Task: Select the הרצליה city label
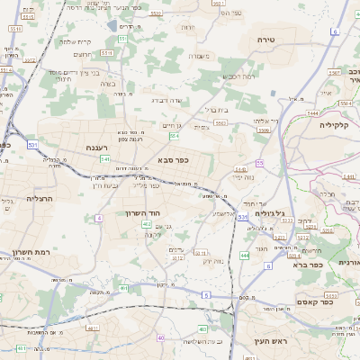(x=40, y=198)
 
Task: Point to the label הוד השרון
(x=142, y=213)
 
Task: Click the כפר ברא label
(x=288, y=265)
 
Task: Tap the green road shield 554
(x=174, y=136)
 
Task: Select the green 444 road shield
(x=244, y=256)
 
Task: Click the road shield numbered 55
(x=259, y=163)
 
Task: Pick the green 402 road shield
(x=147, y=235)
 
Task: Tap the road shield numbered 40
(x=160, y=337)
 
